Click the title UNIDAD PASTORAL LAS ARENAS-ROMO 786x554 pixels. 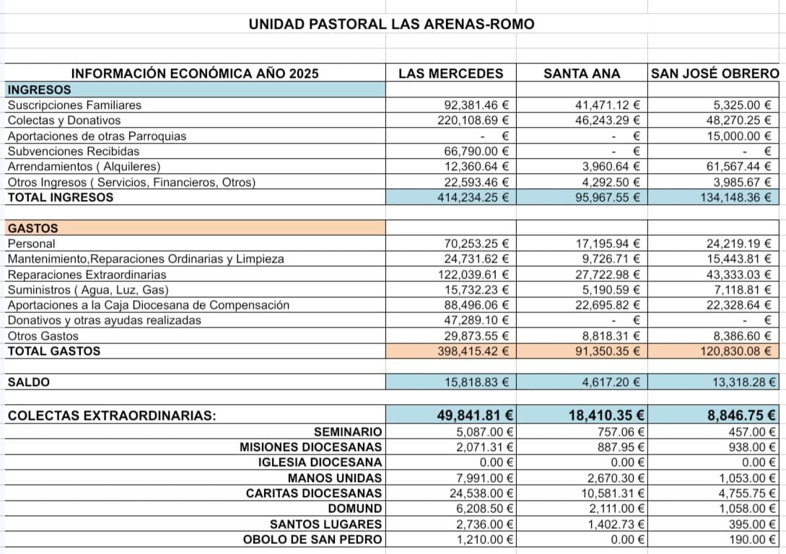391,24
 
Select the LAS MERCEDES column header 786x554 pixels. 451,74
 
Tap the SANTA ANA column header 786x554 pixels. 581,74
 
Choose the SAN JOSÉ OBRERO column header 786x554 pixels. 715,74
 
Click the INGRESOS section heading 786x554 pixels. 39,89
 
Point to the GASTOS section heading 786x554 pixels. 32,228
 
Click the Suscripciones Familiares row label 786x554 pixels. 74,105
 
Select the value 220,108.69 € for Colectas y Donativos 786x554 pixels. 473,120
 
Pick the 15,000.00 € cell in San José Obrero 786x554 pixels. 739,136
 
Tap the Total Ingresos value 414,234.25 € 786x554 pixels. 473,197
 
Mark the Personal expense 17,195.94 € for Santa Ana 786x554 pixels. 605,244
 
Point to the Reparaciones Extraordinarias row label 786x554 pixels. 87,275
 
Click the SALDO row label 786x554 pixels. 28,382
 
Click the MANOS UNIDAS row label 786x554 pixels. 335,478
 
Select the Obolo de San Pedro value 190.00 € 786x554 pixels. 746,540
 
